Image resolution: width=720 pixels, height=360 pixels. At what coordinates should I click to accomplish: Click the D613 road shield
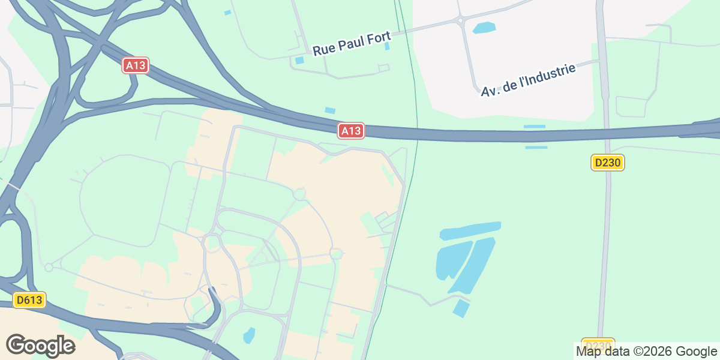coord(29,299)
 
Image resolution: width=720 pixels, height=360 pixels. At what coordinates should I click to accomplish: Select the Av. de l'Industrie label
coord(528,80)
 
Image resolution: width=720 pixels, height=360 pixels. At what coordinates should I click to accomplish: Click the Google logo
coord(40,346)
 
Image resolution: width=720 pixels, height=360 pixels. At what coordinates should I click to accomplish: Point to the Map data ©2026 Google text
coord(646,352)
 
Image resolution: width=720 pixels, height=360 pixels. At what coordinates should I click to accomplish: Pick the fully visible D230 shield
coord(608,162)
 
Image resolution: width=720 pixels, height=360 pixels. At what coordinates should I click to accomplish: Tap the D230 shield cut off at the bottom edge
coord(598,344)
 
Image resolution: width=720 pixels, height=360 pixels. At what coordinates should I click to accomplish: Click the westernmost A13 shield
coord(136,65)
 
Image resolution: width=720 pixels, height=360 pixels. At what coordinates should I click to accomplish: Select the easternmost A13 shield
coord(351,130)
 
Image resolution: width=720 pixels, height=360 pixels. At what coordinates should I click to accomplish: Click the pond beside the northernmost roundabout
coord(484,27)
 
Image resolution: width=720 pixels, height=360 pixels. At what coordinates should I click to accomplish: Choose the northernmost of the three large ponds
coord(470,230)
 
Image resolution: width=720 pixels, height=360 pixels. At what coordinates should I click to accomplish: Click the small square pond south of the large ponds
coord(461,308)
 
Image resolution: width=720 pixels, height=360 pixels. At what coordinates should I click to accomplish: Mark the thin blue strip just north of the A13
coord(534,127)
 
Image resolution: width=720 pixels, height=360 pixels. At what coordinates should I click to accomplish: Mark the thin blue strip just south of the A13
coord(536,147)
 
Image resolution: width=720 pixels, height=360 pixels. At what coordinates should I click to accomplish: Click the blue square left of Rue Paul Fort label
coord(299,60)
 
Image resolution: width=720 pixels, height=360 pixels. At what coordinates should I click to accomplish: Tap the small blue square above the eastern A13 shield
coord(330,110)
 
